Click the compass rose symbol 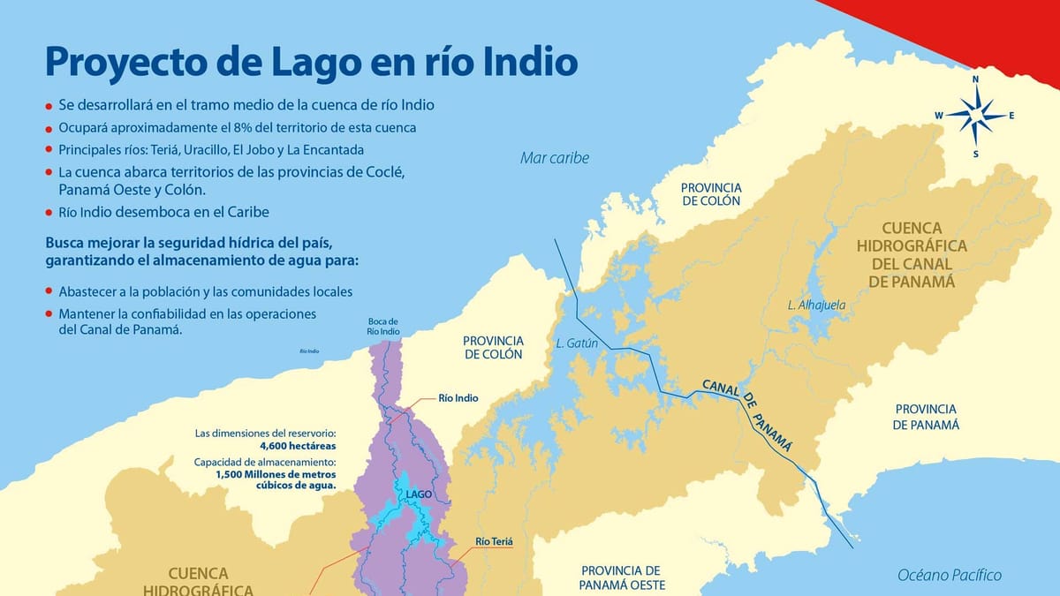[975, 116]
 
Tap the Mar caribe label [554, 158]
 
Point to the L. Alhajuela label [816, 306]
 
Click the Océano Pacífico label [950, 575]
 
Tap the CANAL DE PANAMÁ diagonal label [747, 416]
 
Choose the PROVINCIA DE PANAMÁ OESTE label [622, 577]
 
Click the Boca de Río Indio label [383, 326]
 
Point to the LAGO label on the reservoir [419, 494]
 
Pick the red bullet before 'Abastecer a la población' [49, 291]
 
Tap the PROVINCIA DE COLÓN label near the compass [710, 194]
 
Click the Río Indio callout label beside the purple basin [458, 398]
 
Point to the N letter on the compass [975, 79]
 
